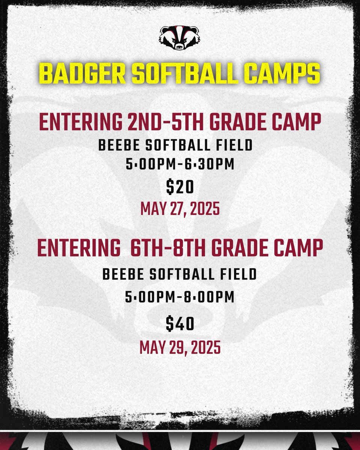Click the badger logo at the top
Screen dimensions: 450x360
(x=180, y=37)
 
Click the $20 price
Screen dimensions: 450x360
(x=180, y=187)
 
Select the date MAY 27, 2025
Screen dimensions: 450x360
(x=180, y=208)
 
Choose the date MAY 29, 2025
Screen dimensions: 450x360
(x=180, y=347)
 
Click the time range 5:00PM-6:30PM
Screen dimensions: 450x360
(x=180, y=165)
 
